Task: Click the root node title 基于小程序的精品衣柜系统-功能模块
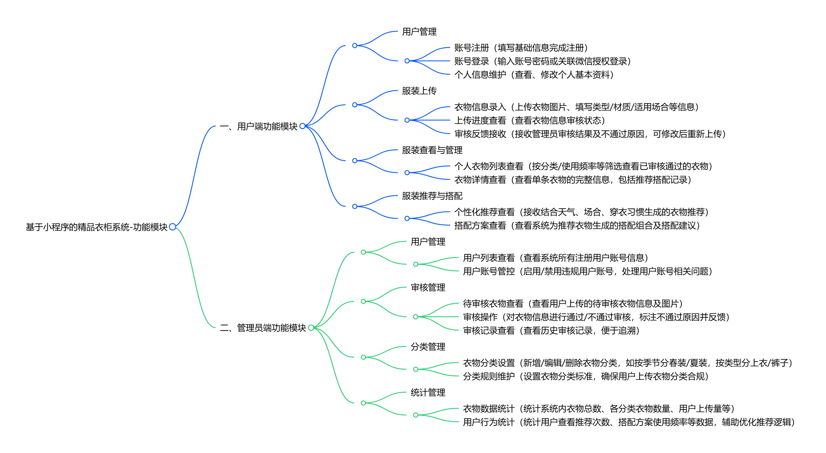point(97,227)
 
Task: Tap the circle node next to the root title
point(173,227)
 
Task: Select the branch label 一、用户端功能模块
point(259,126)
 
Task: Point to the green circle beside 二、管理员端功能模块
point(311,328)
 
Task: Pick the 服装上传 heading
point(419,91)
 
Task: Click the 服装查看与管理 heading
point(432,150)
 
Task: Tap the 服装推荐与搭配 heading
point(432,196)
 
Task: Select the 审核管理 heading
point(428,287)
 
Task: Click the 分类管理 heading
point(428,347)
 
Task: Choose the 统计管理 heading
point(428,392)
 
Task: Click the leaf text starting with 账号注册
point(521,48)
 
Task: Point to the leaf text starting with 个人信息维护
point(534,75)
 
